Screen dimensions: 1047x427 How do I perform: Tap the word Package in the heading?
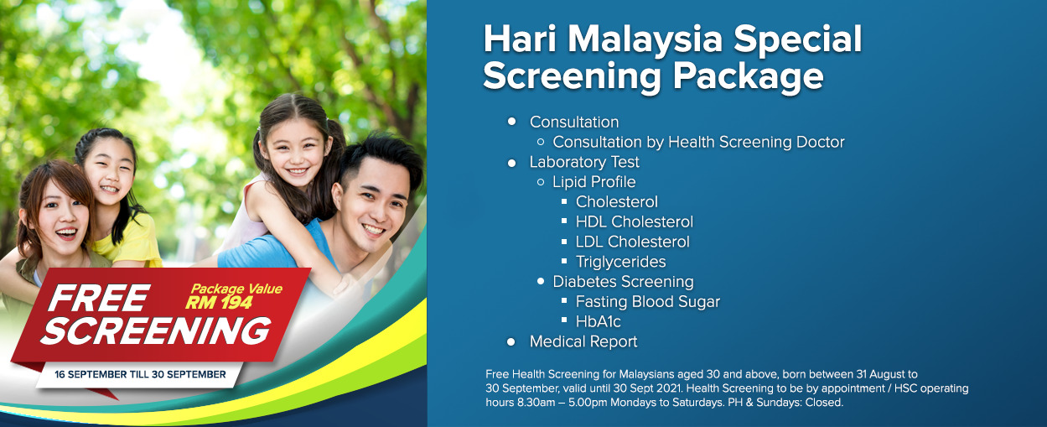pyautogui.click(x=748, y=76)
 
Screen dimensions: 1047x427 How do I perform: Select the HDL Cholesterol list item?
pyautogui.click(x=635, y=221)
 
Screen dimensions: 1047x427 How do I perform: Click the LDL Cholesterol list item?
pyautogui.click(x=632, y=242)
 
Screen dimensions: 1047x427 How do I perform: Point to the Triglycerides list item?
pyautogui.click(x=620, y=262)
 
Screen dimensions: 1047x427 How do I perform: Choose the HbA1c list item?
pyautogui.click(x=599, y=322)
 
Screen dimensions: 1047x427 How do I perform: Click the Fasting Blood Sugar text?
pyautogui.click(x=648, y=302)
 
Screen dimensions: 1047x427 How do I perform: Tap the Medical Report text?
pyautogui.click(x=583, y=342)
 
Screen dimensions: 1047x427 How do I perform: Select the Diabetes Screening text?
pyautogui.click(x=623, y=282)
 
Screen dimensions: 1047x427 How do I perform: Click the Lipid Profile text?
pyautogui.click(x=594, y=182)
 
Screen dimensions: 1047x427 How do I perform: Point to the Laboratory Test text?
pyautogui.click(x=584, y=162)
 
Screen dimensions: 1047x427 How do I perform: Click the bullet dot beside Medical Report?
pyautogui.click(x=511, y=342)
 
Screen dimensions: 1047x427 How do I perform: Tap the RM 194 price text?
pyautogui.click(x=219, y=303)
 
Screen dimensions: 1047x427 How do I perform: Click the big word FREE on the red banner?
pyautogui.click(x=99, y=298)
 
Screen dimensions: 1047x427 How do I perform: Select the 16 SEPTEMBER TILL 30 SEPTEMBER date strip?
pyautogui.click(x=140, y=375)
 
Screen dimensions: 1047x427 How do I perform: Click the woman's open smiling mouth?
pyautogui.click(x=66, y=232)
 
